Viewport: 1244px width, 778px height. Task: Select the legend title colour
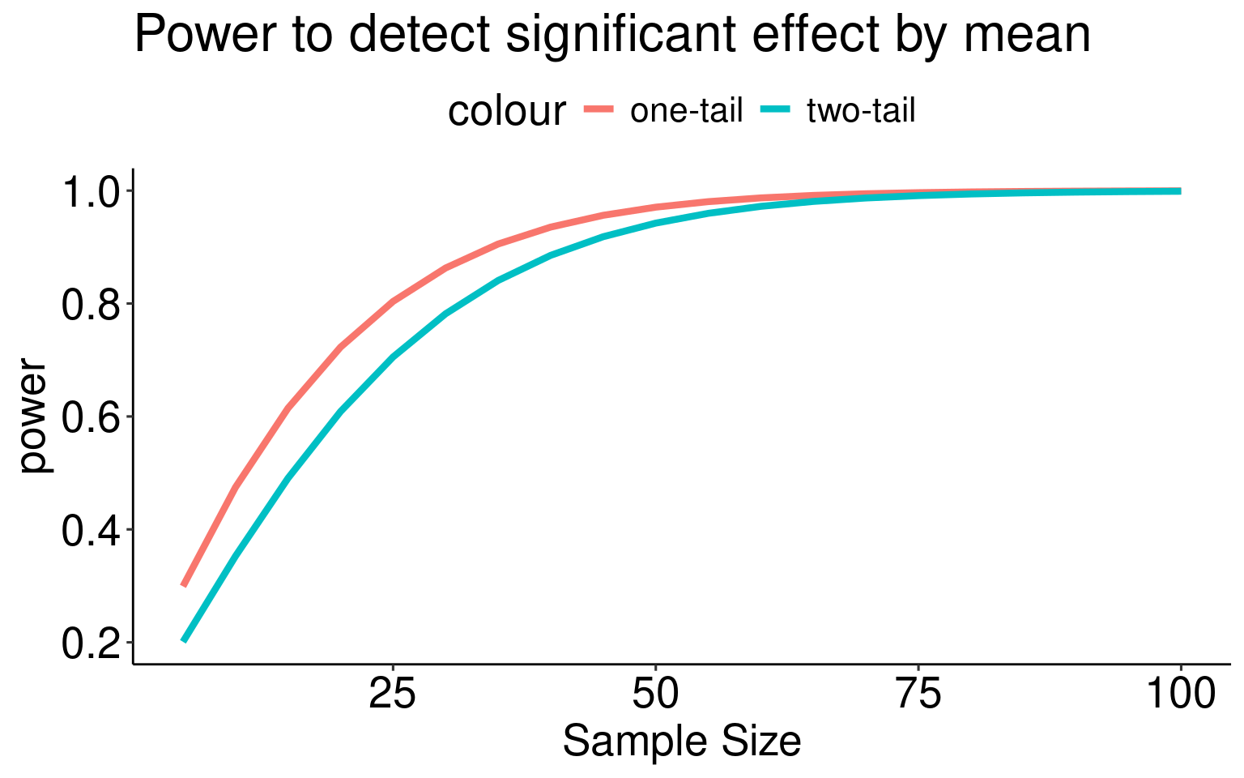506,111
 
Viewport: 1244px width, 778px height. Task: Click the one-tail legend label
686,111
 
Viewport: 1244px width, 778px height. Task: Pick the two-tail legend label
861,111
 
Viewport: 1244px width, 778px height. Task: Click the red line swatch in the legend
600,109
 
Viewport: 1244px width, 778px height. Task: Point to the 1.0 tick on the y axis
90,191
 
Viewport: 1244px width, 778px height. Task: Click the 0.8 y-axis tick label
90,304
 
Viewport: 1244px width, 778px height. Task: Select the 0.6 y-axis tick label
90,417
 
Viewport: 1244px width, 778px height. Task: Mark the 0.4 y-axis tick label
90,530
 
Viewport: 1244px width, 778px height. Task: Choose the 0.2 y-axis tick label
90,643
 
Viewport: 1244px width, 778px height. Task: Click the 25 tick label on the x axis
393,695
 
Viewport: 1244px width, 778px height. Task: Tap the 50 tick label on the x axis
655,695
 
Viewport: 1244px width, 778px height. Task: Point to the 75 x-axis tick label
918,695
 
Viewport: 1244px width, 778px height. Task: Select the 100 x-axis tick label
1180,695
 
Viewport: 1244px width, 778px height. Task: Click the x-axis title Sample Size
682,742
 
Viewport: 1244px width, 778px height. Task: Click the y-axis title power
34,416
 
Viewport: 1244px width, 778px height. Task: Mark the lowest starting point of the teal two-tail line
184,640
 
